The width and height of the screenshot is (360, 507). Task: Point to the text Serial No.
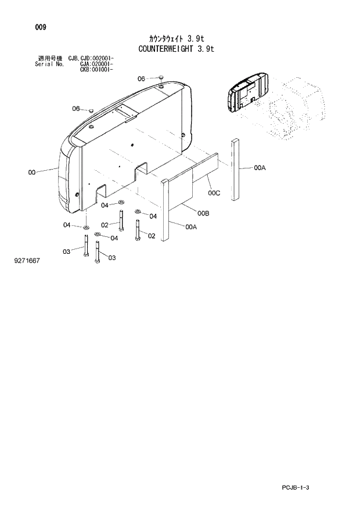point(48,64)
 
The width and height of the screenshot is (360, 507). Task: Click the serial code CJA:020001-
point(96,64)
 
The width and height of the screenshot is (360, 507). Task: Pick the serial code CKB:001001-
point(96,69)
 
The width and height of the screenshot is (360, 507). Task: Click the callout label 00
point(31,172)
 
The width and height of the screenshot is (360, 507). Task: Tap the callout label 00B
point(203,214)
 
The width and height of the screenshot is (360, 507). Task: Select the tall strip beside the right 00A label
point(235,170)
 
